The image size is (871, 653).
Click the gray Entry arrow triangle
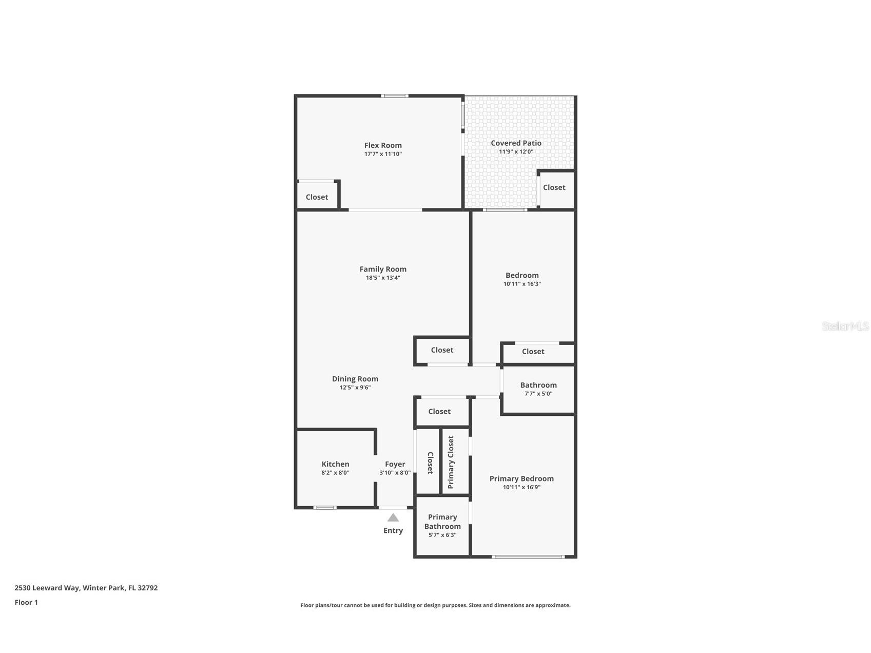tap(393, 517)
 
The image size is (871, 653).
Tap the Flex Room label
tap(383, 145)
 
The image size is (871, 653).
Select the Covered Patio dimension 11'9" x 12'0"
tap(516, 152)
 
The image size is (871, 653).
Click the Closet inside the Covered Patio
tap(554, 187)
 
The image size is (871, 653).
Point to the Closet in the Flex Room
tap(317, 197)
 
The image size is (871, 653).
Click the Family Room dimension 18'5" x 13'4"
tap(383, 278)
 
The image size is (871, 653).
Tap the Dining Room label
tap(355, 379)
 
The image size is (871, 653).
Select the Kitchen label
tap(335, 464)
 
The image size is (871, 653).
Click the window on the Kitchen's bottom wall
tap(325, 508)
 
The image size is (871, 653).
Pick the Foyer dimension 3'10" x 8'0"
tap(395, 473)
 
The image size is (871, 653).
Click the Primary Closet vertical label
tap(451, 462)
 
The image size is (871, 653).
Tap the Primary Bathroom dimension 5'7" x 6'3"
tap(442, 535)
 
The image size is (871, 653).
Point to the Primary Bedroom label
tap(521, 478)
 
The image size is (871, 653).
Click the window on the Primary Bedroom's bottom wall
tap(528, 556)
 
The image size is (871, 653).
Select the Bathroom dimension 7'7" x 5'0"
tap(538, 394)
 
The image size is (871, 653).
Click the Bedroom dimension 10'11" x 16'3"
tap(522, 284)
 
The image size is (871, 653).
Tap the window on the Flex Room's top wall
tap(395, 95)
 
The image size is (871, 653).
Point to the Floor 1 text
tap(26, 602)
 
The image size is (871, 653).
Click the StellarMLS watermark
tap(845, 326)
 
